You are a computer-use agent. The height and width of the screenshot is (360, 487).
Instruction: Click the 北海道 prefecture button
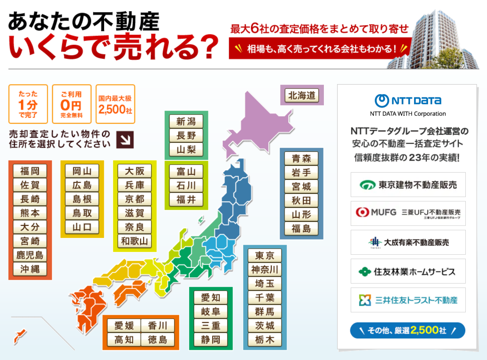click(x=302, y=96)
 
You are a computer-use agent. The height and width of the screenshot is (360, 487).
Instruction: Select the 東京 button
click(x=265, y=255)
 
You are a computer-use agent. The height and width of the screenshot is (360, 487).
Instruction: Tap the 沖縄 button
click(x=30, y=269)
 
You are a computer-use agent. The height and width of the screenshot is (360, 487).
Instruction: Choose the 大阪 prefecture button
click(x=134, y=171)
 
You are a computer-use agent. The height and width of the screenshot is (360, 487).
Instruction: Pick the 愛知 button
click(x=210, y=298)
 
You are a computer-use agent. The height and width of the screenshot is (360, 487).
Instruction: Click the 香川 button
click(x=158, y=326)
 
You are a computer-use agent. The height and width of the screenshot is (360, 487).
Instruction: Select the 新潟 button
click(x=186, y=121)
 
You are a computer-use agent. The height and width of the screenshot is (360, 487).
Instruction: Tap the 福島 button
click(x=301, y=228)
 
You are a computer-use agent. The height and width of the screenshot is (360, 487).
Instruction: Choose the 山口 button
click(x=82, y=227)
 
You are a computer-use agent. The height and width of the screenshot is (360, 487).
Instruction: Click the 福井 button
click(x=186, y=199)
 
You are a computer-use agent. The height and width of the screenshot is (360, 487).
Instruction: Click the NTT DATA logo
click(x=408, y=101)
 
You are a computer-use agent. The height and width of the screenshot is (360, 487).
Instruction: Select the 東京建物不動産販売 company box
click(x=408, y=185)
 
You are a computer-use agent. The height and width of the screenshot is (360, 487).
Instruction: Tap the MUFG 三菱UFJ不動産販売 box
click(x=408, y=213)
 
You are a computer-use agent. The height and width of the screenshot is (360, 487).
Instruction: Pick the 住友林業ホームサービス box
click(x=408, y=272)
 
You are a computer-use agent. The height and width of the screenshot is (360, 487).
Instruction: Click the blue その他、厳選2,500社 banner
click(x=408, y=331)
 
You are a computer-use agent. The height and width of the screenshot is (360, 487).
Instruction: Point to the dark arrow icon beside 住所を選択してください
click(x=125, y=139)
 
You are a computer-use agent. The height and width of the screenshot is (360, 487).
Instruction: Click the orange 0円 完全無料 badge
click(x=71, y=104)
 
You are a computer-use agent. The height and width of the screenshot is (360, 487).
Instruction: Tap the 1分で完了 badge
click(x=28, y=104)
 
